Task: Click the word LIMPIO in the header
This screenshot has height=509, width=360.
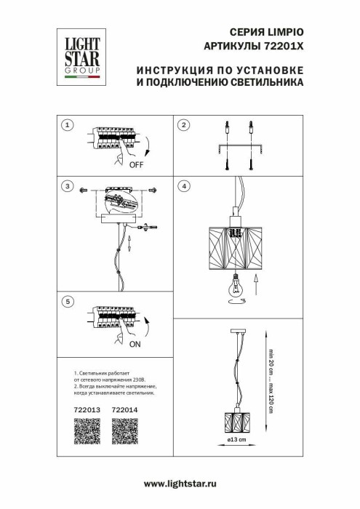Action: click(x=282, y=33)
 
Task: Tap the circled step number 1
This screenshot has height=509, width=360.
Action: click(x=68, y=126)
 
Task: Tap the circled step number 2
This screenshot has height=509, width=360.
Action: click(x=184, y=126)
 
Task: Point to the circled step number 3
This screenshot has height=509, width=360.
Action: click(x=68, y=187)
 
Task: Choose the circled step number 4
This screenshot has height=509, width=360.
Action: click(x=184, y=187)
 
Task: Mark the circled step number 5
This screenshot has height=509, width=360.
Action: click(x=68, y=300)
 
